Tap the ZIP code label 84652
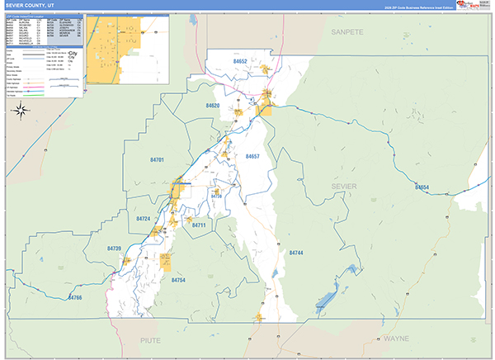pyautogui.click(x=240, y=62)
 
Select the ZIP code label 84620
pyautogui.click(x=212, y=107)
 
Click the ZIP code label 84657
pyautogui.click(x=252, y=156)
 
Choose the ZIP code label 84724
pyautogui.click(x=144, y=219)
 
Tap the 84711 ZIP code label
pyautogui.click(x=198, y=225)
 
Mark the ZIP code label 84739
pyautogui.click(x=114, y=249)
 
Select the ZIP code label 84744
pyautogui.click(x=296, y=253)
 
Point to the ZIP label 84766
pyautogui.click(x=75, y=297)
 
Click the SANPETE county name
pyautogui.click(x=347, y=31)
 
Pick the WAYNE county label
pyautogui.click(x=396, y=339)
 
